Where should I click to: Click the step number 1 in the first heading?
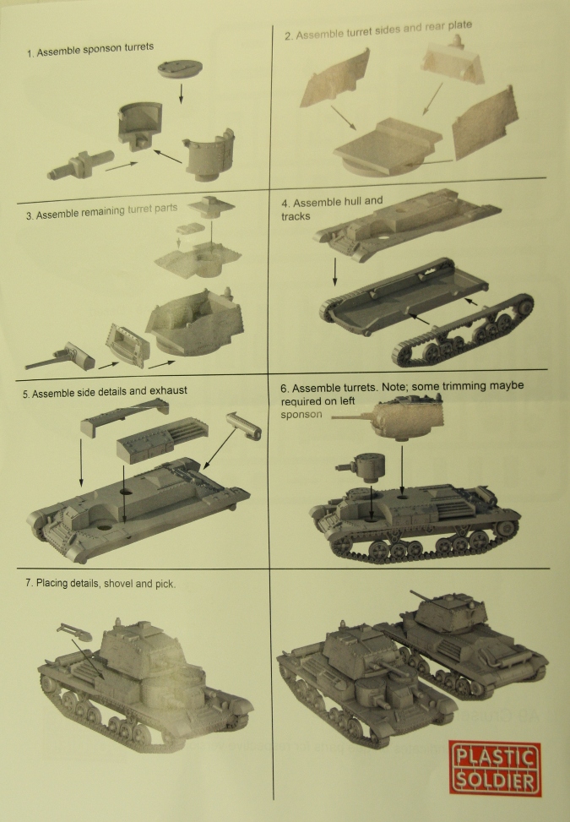(x=30, y=53)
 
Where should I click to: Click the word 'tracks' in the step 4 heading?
(x=296, y=216)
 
